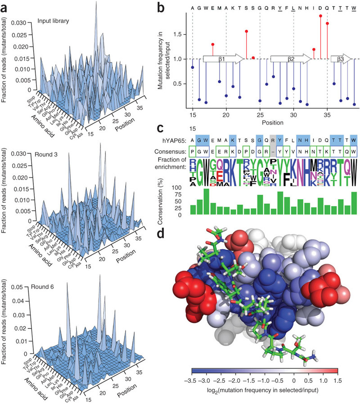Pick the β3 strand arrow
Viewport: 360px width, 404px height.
tap(341, 58)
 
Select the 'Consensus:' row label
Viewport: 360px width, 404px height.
tap(173, 152)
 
